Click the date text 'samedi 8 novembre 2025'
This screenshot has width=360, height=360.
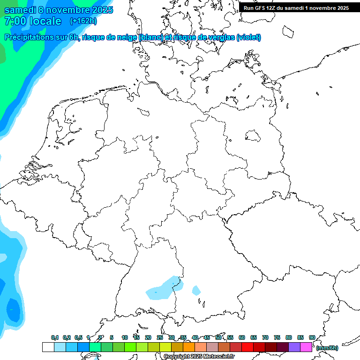[59, 10]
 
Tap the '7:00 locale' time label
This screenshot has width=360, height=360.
[33, 21]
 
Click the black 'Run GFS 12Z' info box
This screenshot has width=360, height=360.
[296, 8]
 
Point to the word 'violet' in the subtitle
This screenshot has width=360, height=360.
[248, 37]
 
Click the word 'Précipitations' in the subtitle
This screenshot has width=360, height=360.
[28, 37]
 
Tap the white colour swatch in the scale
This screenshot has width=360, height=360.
[48, 347]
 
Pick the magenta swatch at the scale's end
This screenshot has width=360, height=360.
[306, 347]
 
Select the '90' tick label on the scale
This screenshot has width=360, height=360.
[312, 337]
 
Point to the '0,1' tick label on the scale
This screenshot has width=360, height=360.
[55, 337]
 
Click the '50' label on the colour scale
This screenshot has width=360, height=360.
[218, 337]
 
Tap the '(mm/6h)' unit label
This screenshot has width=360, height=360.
[327, 348]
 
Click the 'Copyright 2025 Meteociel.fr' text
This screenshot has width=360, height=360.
[199, 357]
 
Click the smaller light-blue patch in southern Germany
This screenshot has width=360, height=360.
[196, 291]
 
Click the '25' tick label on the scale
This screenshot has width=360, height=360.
[160, 337]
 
